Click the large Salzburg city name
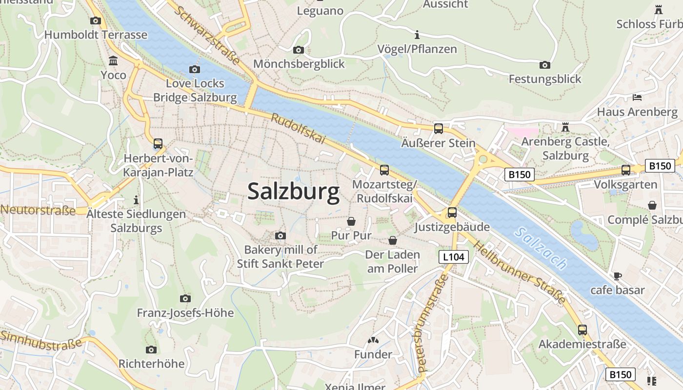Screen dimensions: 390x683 coord(293,192)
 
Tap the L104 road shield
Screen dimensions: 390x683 coord(454,257)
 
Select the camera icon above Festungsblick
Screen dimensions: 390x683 coord(545,65)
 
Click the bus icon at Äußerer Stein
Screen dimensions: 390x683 coord(439,129)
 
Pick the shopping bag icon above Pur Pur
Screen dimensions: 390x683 coord(351,221)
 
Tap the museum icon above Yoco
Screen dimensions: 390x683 coord(113,61)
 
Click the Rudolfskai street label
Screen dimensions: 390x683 coord(298,129)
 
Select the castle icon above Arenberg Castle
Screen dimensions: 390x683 coord(565,127)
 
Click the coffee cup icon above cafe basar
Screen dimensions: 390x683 coord(618,276)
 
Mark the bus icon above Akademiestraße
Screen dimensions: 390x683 coord(582,330)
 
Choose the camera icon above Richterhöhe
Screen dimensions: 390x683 coord(151,350)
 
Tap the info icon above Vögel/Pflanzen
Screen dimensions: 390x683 coord(417,35)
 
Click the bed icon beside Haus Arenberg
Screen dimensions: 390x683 coord(637,97)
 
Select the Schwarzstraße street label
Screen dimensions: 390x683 coord(208,36)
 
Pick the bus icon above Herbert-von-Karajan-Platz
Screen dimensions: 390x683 coord(158,144)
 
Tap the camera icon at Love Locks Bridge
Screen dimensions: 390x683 coord(195,69)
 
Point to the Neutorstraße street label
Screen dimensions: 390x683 coord(38,211)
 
